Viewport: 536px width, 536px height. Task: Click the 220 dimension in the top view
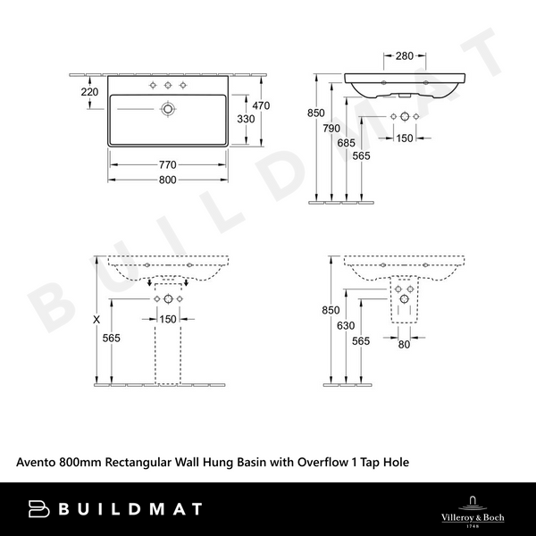click(89, 92)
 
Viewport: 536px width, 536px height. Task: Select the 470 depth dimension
click(261, 105)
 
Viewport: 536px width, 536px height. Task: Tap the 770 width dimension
click(167, 164)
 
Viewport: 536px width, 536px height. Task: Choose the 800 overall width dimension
click(167, 180)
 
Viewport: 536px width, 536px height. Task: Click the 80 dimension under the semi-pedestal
click(405, 344)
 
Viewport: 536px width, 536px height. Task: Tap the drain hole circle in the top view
click(167, 109)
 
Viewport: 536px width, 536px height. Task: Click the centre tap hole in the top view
click(167, 86)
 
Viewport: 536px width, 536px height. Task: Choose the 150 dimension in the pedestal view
click(167, 319)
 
